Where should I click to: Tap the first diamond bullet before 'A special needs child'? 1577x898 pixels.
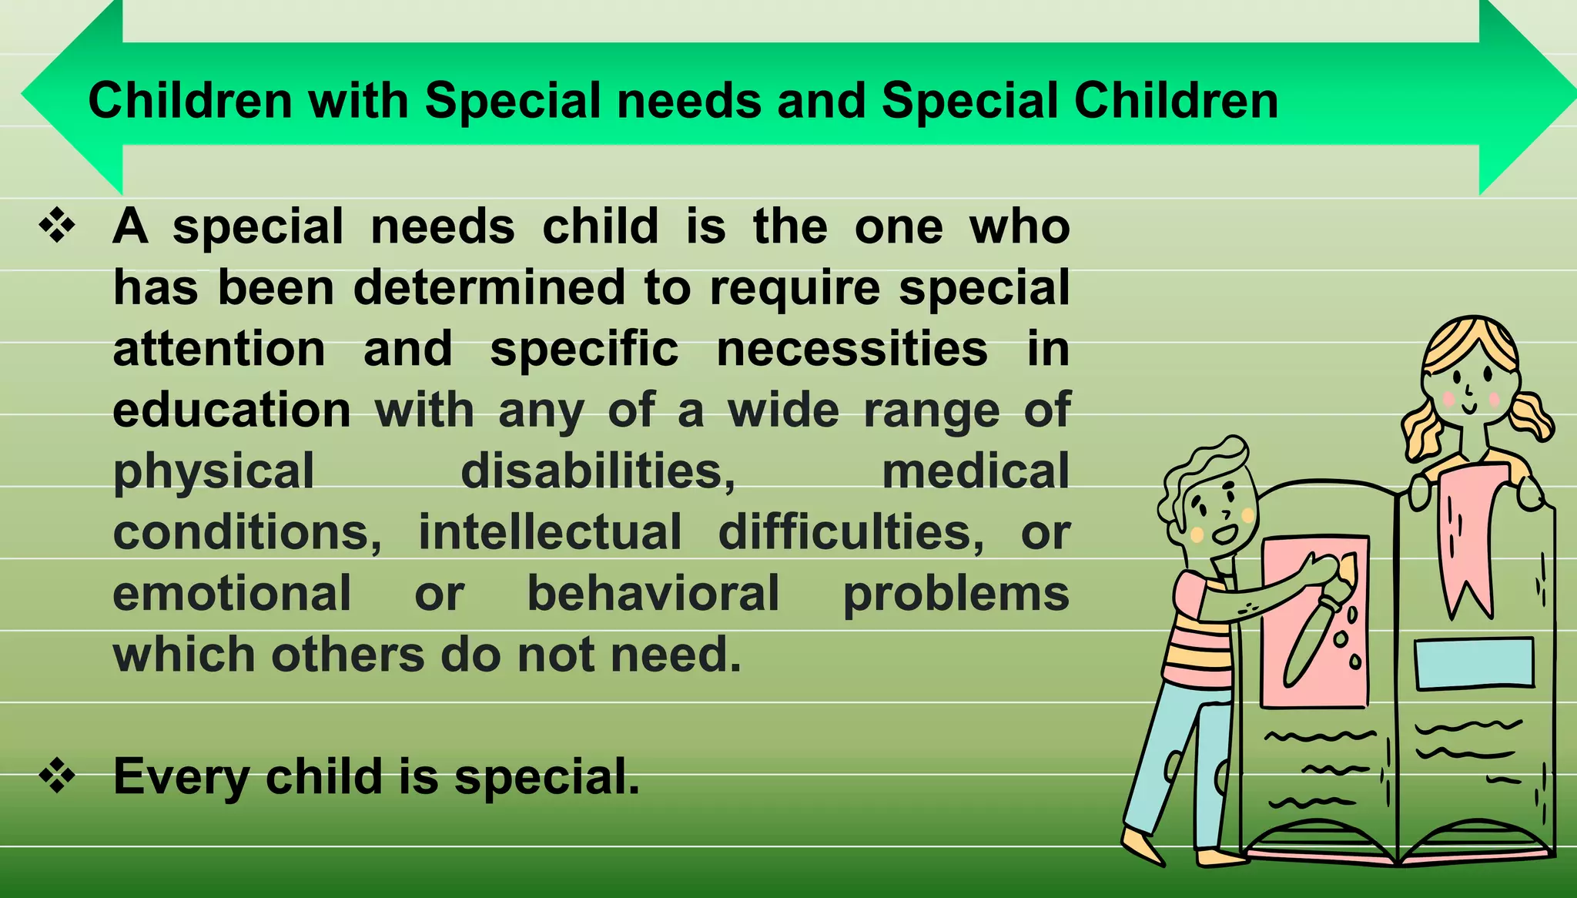click(x=58, y=227)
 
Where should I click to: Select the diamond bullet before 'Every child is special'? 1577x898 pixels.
click(x=58, y=776)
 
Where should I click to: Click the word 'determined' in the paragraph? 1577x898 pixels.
click(x=489, y=288)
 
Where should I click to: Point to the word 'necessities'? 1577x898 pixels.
click(x=852, y=349)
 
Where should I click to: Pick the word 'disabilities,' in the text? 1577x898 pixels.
click(x=598, y=471)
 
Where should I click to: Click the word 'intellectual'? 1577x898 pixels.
click(x=550, y=532)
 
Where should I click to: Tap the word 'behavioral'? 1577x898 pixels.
click(x=653, y=594)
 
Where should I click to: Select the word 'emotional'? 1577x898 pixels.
click(x=232, y=594)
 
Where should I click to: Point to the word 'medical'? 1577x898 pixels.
click(x=976, y=471)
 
